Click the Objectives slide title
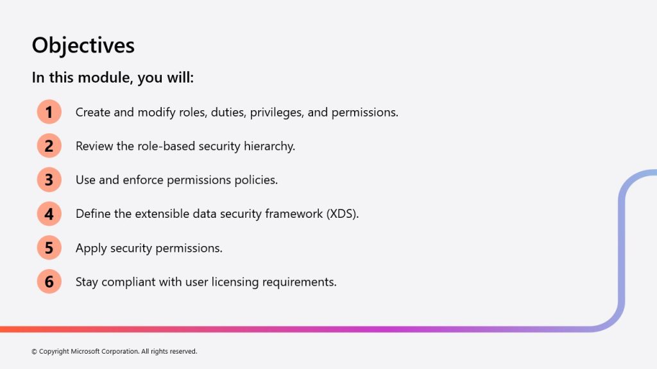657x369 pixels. (83, 45)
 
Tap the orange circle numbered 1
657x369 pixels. (49, 111)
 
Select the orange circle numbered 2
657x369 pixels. (49, 145)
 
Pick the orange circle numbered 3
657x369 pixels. (49, 179)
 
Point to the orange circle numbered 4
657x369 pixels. (49, 214)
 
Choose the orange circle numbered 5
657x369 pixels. (49, 248)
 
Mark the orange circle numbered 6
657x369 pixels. (49, 282)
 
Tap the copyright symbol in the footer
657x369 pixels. (35, 352)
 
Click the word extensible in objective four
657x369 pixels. (162, 214)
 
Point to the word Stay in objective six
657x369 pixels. (87, 283)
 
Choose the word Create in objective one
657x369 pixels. (92, 112)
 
